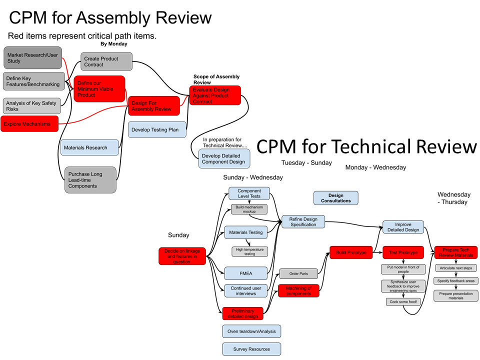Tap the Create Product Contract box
(x=106, y=61)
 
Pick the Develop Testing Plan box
(x=157, y=129)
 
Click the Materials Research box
(x=89, y=147)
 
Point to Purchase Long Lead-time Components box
(x=90, y=180)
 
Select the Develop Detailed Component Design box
(x=224, y=158)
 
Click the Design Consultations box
(x=335, y=198)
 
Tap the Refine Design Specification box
(x=303, y=221)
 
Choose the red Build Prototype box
(x=351, y=252)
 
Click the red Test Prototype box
(x=403, y=252)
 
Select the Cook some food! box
(x=402, y=301)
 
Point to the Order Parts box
(x=298, y=273)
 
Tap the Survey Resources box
(x=251, y=349)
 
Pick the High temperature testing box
(x=249, y=251)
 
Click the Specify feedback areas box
(x=456, y=281)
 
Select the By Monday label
(x=114, y=44)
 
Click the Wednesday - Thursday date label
(x=454, y=198)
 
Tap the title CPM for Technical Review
(x=366, y=147)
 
